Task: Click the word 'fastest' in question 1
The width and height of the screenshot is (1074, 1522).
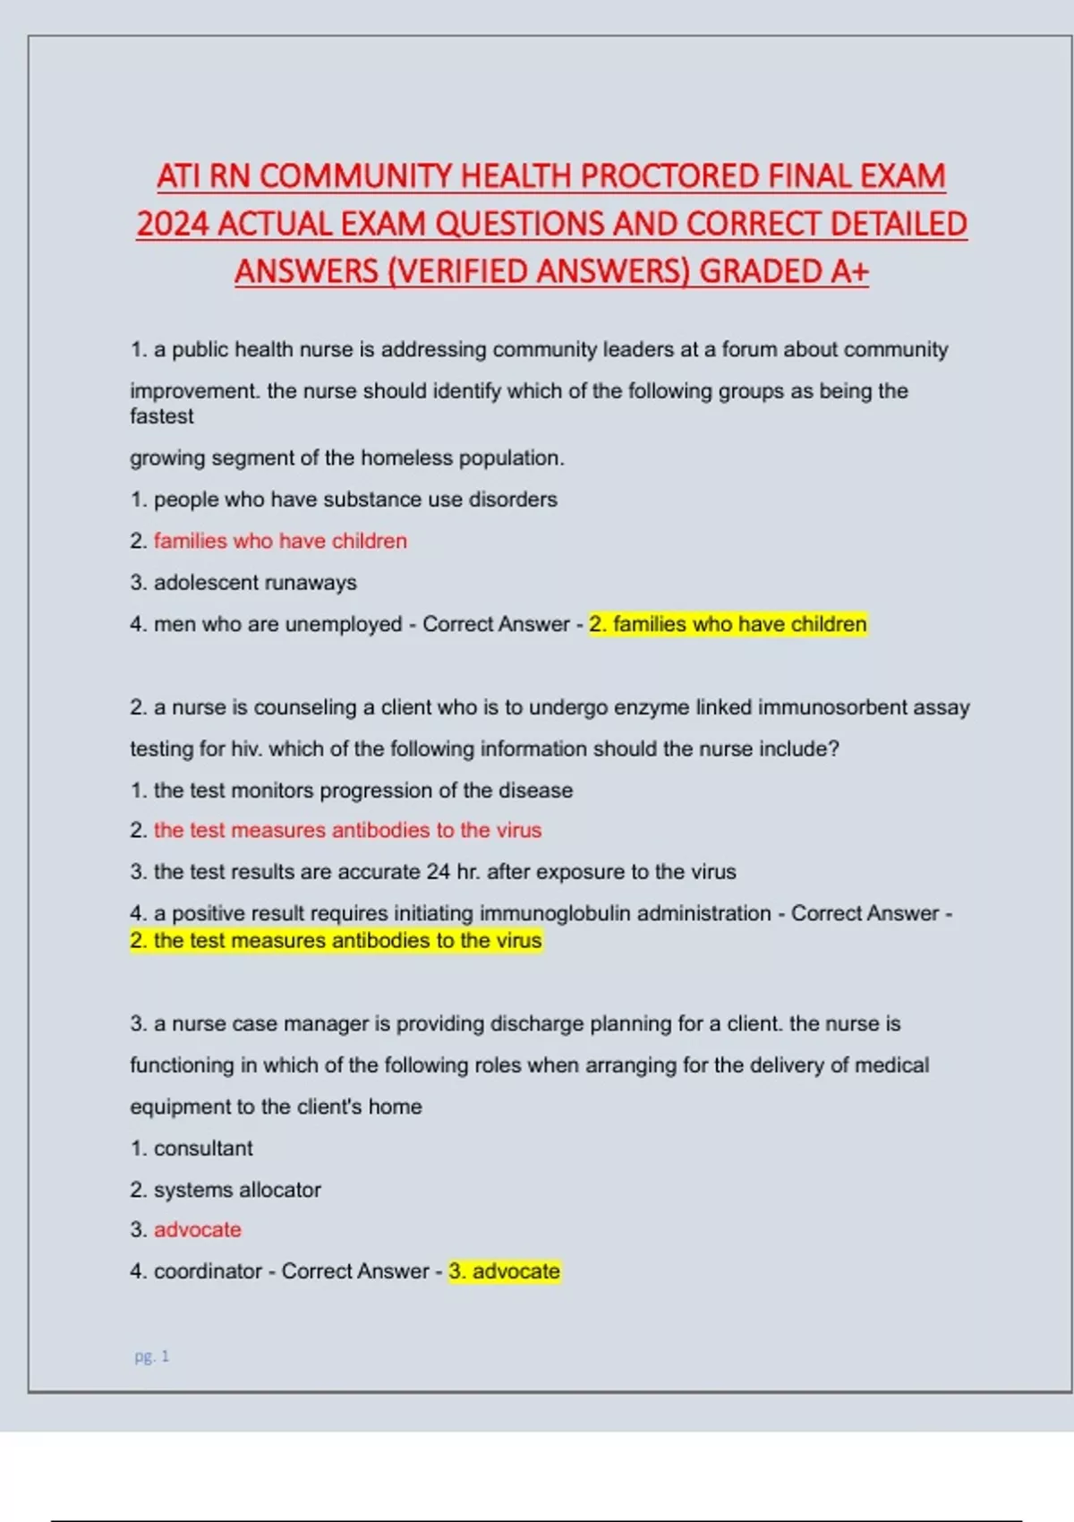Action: tap(161, 416)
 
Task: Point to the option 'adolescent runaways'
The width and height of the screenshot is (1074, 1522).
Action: tap(255, 583)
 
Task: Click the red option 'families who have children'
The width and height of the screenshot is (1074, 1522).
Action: tap(280, 541)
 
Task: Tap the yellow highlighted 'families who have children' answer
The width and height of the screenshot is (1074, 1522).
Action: tap(728, 624)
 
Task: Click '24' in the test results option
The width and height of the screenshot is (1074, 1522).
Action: tap(438, 871)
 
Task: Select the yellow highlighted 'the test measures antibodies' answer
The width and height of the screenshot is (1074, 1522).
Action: tap(336, 941)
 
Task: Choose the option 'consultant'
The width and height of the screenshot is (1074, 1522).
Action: tap(203, 1148)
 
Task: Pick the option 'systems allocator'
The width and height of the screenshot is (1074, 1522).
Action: tap(237, 1190)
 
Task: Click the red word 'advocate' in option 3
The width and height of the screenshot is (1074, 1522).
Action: tap(197, 1230)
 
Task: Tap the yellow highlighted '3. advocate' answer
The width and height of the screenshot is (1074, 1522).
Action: tap(504, 1271)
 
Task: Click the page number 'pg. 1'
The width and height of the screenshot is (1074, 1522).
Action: tap(151, 1356)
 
